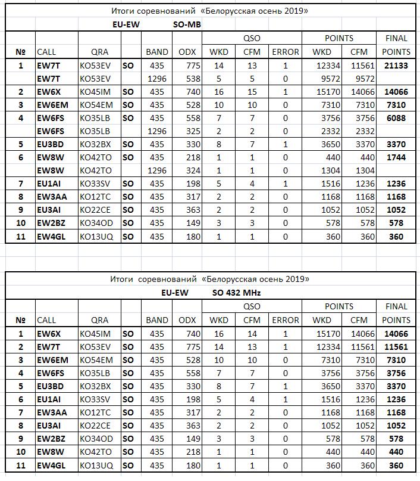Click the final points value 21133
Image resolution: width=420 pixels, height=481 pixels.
396,66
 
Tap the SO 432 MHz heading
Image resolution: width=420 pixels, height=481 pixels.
237,293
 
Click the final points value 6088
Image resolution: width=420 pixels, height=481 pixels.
396,118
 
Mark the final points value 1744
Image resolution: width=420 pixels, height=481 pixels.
396,157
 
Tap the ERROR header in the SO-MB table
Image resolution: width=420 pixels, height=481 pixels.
286,52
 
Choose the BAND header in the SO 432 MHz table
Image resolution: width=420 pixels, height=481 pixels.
157,320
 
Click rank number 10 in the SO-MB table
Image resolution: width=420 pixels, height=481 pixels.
21,223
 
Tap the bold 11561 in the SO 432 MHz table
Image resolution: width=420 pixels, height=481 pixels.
396,347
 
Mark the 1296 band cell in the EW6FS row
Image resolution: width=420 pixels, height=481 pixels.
157,131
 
